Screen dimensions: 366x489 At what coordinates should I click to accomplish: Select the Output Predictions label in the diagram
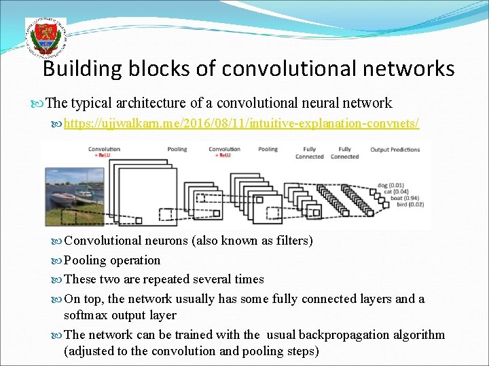(395, 149)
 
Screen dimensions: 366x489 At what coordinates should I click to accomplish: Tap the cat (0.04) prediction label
(393, 191)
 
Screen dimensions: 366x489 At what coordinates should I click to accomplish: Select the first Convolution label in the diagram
(104, 149)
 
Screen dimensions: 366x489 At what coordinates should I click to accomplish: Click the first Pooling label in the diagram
(177, 149)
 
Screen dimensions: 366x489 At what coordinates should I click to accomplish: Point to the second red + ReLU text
(221, 155)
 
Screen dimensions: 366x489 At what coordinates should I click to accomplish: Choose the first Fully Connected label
(309, 152)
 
